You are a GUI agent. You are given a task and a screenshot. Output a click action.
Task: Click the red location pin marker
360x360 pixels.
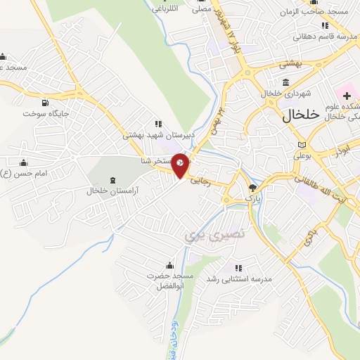tap(181, 166)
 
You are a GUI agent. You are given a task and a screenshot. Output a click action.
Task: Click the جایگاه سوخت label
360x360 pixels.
tap(46, 112)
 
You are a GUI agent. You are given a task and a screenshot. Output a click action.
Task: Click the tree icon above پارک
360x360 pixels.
tap(252, 188)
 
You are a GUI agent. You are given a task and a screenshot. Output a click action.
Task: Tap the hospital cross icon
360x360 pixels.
tap(347, 94)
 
